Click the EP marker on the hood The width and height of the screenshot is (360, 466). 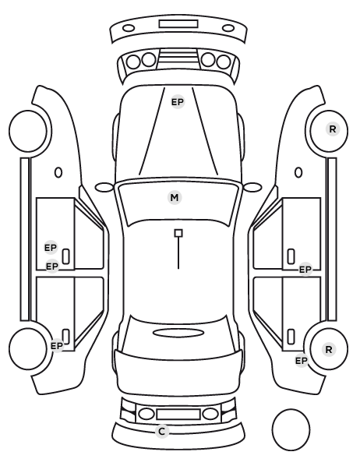(x=178, y=102)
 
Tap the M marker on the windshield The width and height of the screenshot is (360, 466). (x=175, y=198)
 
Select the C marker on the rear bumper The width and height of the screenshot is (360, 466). (x=162, y=432)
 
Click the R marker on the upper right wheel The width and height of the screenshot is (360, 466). (x=333, y=129)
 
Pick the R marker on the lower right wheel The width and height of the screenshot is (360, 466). (x=329, y=349)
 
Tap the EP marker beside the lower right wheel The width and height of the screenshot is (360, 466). (x=301, y=361)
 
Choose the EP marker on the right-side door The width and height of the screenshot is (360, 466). (x=305, y=270)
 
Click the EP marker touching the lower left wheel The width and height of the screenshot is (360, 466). (x=57, y=346)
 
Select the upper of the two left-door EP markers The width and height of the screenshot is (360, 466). (x=51, y=248)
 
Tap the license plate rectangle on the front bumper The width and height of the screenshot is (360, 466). (x=178, y=24)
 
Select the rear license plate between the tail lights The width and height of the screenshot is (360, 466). (x=178, y=415)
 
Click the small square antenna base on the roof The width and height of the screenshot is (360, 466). (x=178, y=233)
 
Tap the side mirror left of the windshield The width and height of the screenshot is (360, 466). (x=104, y=187)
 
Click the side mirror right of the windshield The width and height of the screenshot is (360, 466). (x=252, y=187)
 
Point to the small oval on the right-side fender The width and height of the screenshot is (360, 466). (x=298, y=172)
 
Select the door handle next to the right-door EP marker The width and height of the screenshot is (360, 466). (x=291, y=256)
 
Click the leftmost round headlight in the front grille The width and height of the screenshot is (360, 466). (x=133, y=62)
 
